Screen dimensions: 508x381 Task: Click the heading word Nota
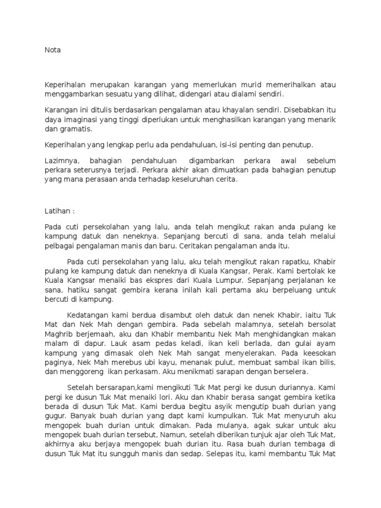53,50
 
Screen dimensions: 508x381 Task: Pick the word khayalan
246,108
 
